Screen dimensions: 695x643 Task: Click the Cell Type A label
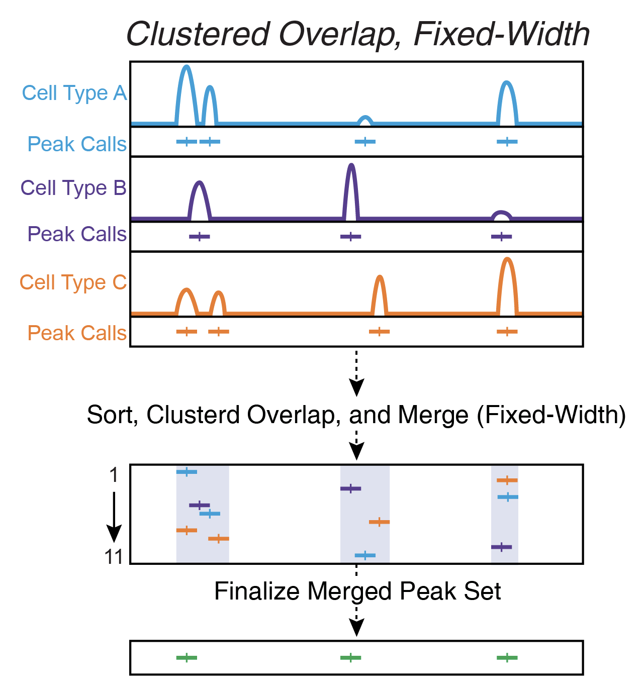74,93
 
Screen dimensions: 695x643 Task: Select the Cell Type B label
73,188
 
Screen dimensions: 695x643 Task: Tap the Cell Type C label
73,282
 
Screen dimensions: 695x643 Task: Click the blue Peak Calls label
77,144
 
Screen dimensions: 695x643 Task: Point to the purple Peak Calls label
77,234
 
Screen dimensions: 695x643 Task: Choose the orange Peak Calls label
77,333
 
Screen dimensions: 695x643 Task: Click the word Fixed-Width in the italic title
501,34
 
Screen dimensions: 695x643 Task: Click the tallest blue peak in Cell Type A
187,70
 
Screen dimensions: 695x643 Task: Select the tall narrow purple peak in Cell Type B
351,168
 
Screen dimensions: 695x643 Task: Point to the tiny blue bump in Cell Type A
365,119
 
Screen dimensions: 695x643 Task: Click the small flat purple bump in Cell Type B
501,214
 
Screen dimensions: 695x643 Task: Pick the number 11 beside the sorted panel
114,557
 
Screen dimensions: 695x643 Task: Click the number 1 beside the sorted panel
114,475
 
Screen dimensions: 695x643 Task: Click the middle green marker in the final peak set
350,658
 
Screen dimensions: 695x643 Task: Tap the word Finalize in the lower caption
257,591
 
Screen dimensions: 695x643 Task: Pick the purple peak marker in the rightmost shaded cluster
501,547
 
